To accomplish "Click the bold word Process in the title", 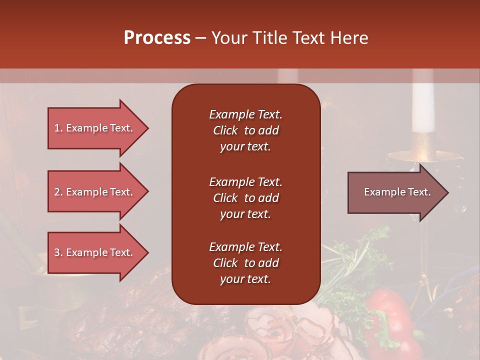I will tap(157, 38).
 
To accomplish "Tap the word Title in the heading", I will tap(270, 38).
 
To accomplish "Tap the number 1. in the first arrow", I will tap(58, 128).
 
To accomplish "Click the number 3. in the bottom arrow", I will tap(58, 252).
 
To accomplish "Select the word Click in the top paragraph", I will tap(225, 130).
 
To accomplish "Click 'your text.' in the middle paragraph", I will tap(245, 214).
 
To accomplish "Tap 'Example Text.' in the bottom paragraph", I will tap(245, 247).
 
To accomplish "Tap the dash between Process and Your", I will tap(201, 38).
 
